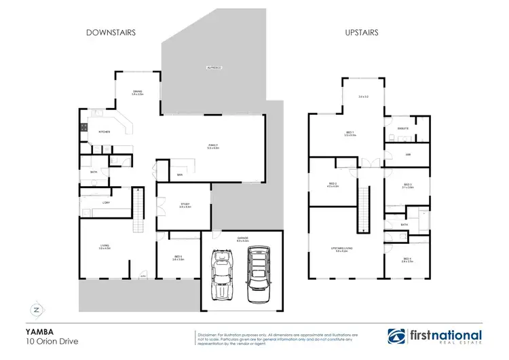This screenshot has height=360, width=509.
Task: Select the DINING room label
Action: click(137, 92)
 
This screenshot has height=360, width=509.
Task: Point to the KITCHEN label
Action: click(104, 131)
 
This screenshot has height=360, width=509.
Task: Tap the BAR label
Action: click(180, 175)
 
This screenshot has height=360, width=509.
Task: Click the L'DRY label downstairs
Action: click(106, 202)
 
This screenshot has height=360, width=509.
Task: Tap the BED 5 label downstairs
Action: click(176, 257)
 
